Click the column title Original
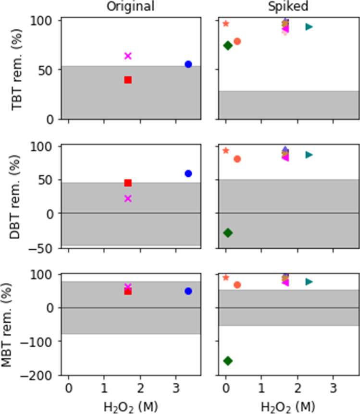coord(130,7)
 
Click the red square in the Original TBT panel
coord(128,80)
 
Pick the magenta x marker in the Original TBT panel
coord(128,56)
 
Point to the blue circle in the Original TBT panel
coord(188,64)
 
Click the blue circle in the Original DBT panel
coord(188,173)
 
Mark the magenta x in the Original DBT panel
coord(128,198)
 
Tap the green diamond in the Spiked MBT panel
coord(228,360)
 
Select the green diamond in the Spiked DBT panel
coord(228,232)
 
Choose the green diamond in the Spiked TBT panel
coord(228,45)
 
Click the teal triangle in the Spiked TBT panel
coord(309,27)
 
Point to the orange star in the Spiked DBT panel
coord(226,150)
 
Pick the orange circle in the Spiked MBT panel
coord(237,285)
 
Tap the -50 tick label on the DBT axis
coord(46,248)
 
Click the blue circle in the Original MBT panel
coord(188,291)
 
